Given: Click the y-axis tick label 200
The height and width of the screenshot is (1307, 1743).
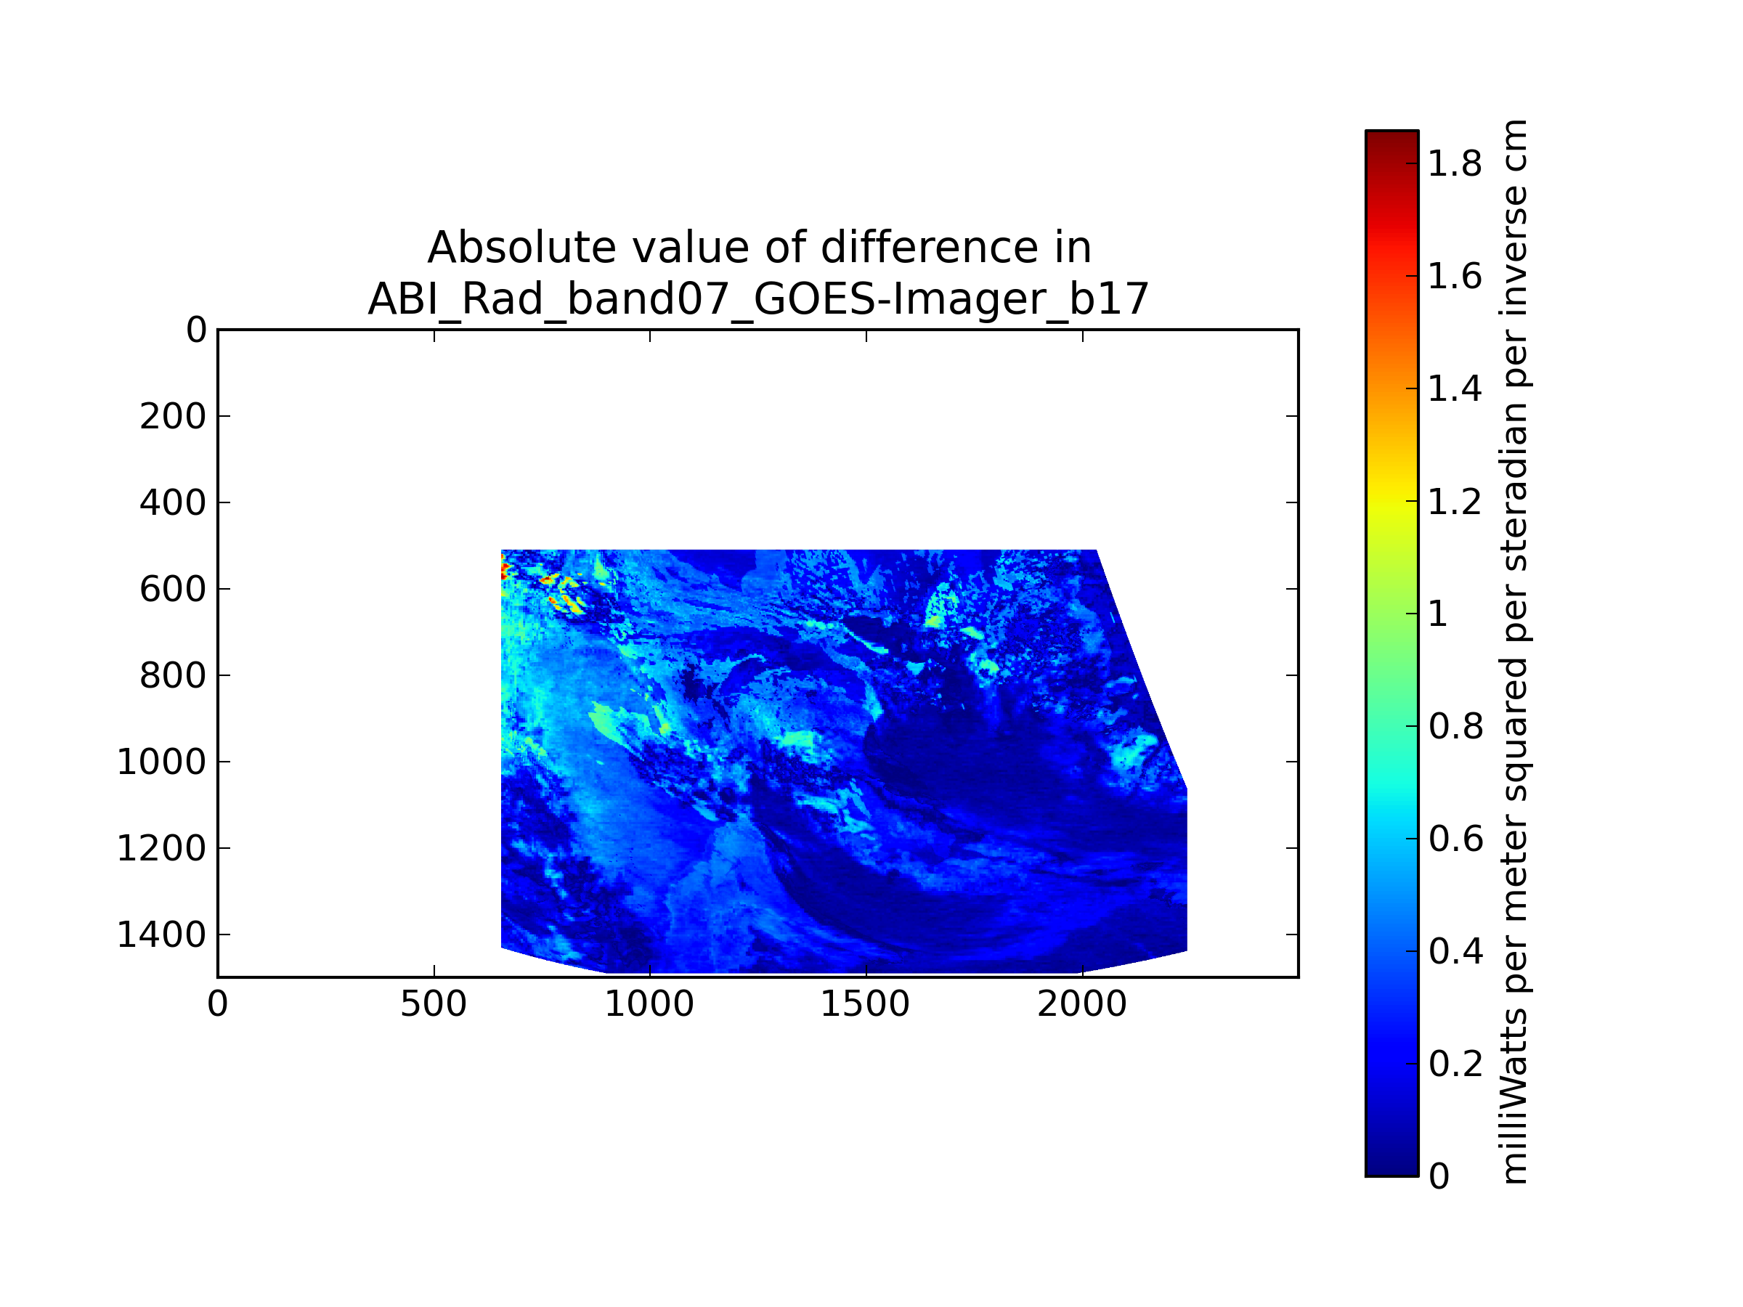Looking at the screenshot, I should [173, 417].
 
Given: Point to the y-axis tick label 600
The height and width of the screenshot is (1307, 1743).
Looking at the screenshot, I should [173, 590].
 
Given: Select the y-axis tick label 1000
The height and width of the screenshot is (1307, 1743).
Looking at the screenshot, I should [161, 762].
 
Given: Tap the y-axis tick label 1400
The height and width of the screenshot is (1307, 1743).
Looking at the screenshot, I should [161, 935].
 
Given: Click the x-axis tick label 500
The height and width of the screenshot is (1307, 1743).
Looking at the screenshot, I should [434, 1004].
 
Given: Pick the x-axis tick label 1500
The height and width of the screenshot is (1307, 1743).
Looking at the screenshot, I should [865, 1004].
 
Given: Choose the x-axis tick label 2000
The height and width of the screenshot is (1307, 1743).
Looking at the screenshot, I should [1082, 1004].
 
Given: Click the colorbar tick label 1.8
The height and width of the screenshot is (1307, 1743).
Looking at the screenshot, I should [1455, 164].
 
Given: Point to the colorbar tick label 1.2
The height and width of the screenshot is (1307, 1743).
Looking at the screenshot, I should [1455, 502].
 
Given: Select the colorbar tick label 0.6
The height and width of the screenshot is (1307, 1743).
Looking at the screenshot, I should [1455, 839].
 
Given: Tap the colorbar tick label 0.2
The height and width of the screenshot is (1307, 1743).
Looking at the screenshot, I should [1455, 1064].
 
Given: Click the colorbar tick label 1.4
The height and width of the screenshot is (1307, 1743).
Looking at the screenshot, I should [1455, 389].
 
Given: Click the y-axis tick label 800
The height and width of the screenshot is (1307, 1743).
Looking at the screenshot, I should [173, 676].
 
